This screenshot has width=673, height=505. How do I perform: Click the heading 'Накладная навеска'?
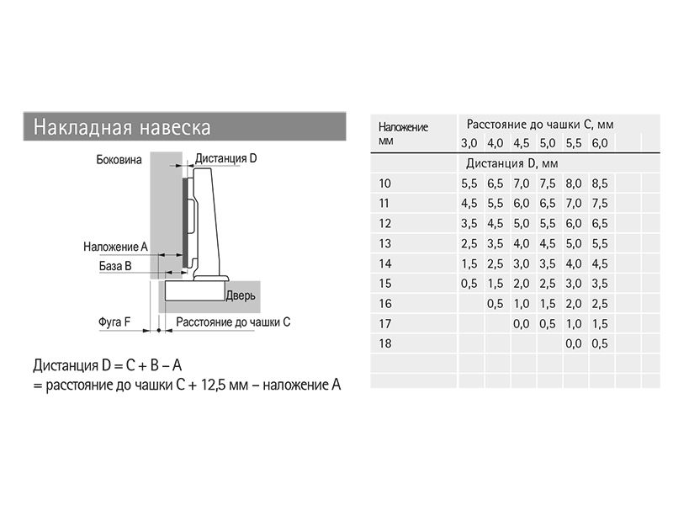coord(122,127)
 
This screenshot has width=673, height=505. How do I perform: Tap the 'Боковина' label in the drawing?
coord(119,160)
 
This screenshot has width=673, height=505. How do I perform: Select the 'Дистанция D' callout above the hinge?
coord(225,158)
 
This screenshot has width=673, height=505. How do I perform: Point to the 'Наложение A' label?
coord(115,247)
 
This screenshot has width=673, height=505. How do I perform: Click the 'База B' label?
coord(115,266)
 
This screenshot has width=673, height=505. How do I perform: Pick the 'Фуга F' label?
coord(114,322)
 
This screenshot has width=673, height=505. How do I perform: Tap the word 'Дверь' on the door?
coord(241,295)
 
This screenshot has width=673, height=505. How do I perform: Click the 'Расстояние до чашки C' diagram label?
coord(233,322)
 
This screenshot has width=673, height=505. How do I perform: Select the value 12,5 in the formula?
coord(213,385)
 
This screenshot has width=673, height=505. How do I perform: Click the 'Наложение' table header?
coord(403,127)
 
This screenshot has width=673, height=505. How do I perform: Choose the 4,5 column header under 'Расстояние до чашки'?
coord(521,143)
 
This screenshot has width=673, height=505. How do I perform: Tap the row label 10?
coord(384,183)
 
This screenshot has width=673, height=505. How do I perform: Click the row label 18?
coord(385,343)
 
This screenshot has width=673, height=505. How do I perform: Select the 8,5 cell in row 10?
coord(600,183)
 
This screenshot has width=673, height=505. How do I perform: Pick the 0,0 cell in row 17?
coord(521,324)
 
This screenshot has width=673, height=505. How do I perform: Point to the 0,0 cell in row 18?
coord(574,343)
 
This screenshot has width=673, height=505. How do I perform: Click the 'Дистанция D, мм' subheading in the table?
coord(511,163)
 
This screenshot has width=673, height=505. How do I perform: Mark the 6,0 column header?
coord(600,143)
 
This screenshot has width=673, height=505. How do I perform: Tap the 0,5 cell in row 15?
coord(469,284)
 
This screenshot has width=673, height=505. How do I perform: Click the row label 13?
coord(385,243)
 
